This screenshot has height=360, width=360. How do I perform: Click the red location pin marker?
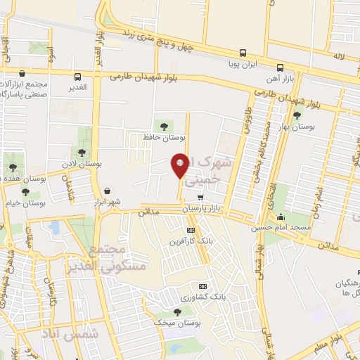[x=180, y=166]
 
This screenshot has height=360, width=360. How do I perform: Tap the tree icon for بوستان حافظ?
[x=164, y=127]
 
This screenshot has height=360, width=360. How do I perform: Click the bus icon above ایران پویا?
[x=243, y=53]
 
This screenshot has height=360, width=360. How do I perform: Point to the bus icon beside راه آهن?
[x=281, y=68]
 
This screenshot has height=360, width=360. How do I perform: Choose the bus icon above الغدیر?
[x=77, y=77]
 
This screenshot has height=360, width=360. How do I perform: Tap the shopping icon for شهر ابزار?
[x=107, y=191]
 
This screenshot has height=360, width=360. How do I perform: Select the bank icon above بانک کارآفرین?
[x=190, y=231]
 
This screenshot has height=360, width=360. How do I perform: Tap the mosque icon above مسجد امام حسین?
[x=281, y=217]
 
